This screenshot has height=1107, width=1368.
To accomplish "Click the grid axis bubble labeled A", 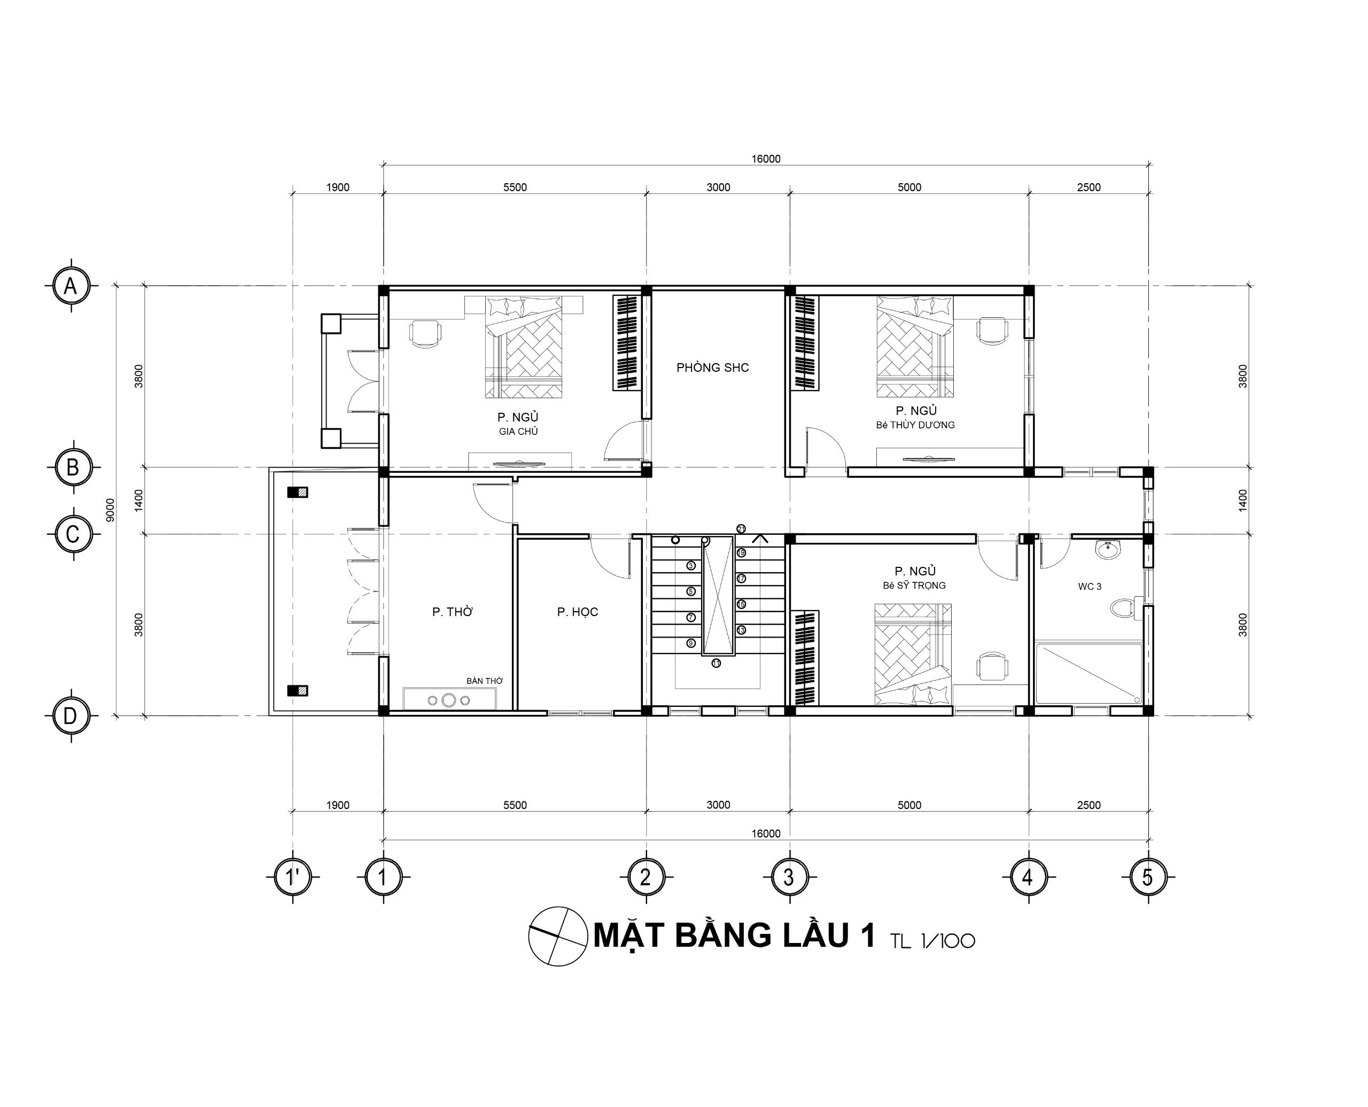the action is point(71,286).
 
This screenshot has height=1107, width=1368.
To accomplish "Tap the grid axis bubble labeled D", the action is point(71,716).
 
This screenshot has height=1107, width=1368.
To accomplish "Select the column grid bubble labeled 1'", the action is point(293,877).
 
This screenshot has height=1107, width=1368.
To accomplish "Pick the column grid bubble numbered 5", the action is point(1148,877).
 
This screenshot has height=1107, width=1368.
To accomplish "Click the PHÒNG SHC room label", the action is point(712,367).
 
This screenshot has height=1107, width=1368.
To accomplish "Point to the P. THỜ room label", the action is point(452,612).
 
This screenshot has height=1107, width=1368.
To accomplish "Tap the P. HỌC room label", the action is point(577,612).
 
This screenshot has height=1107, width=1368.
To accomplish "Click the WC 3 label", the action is point(1089,587).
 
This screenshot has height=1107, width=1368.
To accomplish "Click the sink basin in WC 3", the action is point(1108,549).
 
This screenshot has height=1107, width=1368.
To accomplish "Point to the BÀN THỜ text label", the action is point(484,681).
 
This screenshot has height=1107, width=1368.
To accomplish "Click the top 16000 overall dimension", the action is point(765,159).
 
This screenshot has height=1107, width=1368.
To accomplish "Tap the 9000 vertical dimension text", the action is point(110,510).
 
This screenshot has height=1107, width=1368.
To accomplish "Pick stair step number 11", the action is point(716,663).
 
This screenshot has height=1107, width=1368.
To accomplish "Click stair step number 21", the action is point(741,528).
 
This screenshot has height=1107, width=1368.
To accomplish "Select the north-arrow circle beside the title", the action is point(558,936).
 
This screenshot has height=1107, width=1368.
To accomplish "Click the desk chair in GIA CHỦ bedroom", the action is point(425,333).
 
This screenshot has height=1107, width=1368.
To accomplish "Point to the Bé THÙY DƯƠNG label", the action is point(915,425).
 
